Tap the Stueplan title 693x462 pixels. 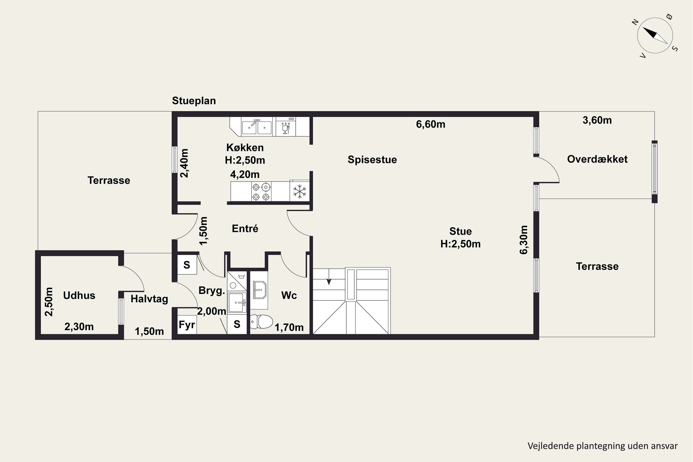[x=194, y=101]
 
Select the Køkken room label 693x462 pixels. [x=245, y=147]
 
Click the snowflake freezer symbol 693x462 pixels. [x=300, y=191]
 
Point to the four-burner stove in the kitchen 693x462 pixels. [x=261, y=191]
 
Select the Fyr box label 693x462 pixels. [x=187, y=325]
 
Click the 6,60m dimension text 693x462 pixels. [x=431, y=124]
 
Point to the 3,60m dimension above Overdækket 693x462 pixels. [x=597, y=120]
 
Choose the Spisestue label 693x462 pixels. [x=372, y=160]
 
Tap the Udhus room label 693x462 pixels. [x=79, y=295]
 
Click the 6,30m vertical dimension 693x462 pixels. [x=524, y=240]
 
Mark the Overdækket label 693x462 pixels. [x=597, y=159]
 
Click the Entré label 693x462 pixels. [x=245, y=228]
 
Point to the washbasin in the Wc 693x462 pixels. [x=260, y=290]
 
